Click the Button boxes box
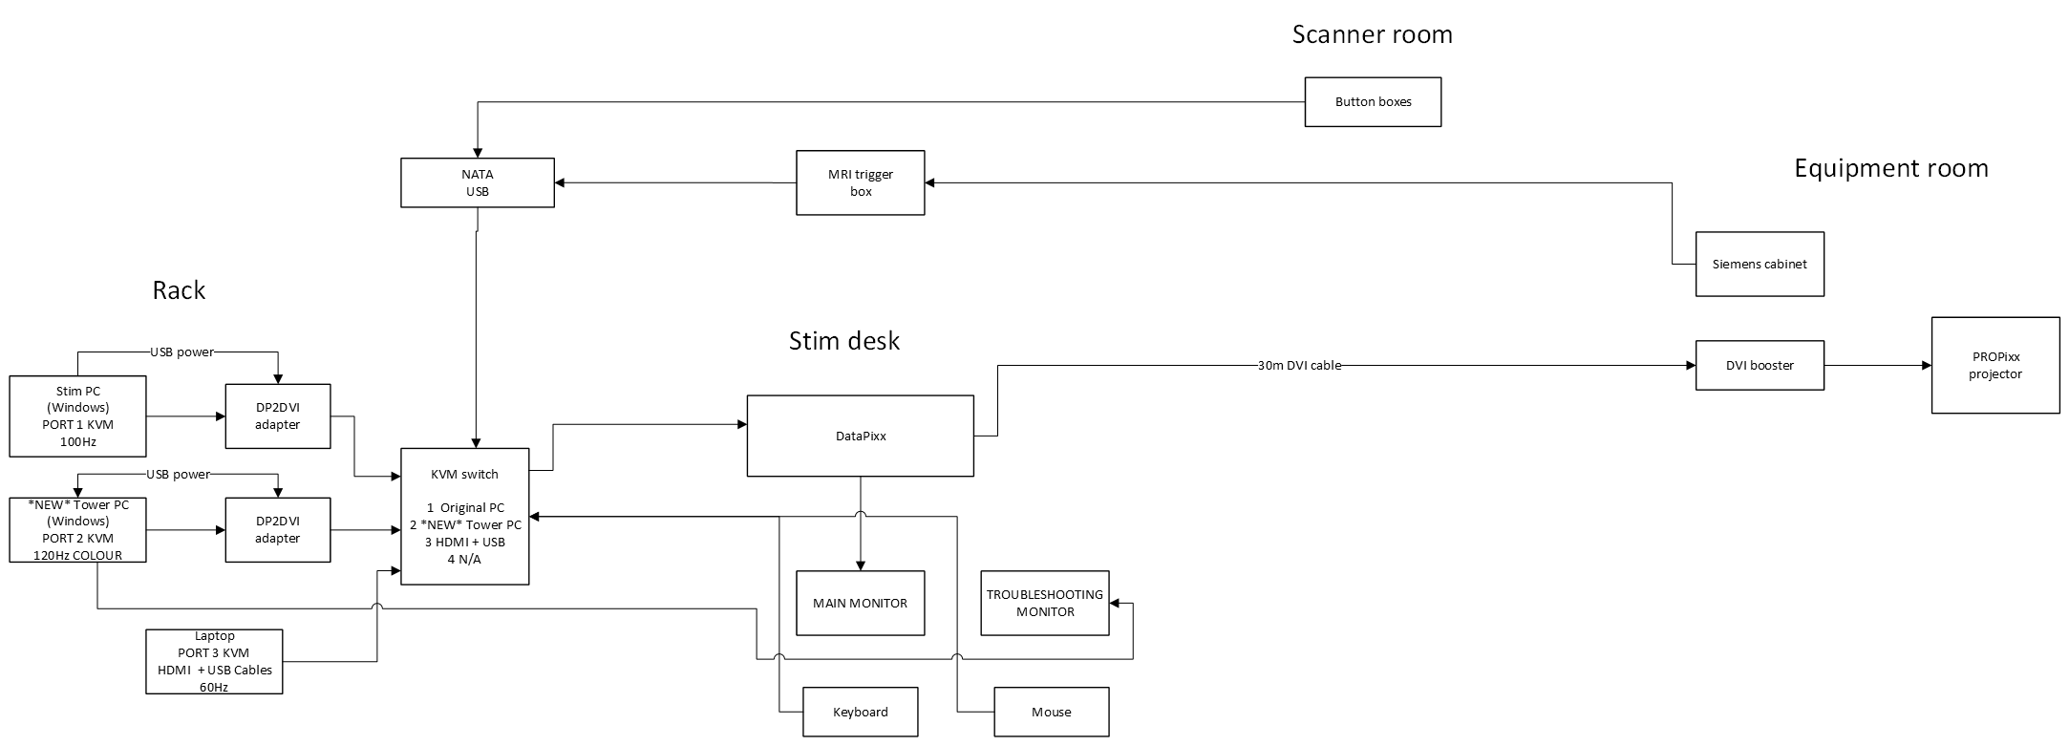click(1373, 102)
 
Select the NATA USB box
click(478, 182)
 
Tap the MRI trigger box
click(861, 182)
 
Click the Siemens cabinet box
click(1760, 264)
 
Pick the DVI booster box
click(1760, 365)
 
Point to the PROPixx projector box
click(1994, 365)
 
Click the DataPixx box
click(860, 436)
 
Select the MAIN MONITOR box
click(860, 603)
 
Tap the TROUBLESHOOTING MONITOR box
click(1045, 603)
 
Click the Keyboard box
click(860, 712)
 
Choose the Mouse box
click(1051, 712)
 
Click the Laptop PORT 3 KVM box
click(215, 661)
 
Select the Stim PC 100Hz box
click(77, 416)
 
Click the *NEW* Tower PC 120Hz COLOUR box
click(77, 529)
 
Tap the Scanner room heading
click(1372, 34)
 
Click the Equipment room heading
click(1890, 168)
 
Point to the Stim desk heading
click(843, 340)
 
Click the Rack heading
click(179, 290)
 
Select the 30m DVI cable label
click(1299, 365)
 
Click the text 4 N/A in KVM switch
click(464, 559)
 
